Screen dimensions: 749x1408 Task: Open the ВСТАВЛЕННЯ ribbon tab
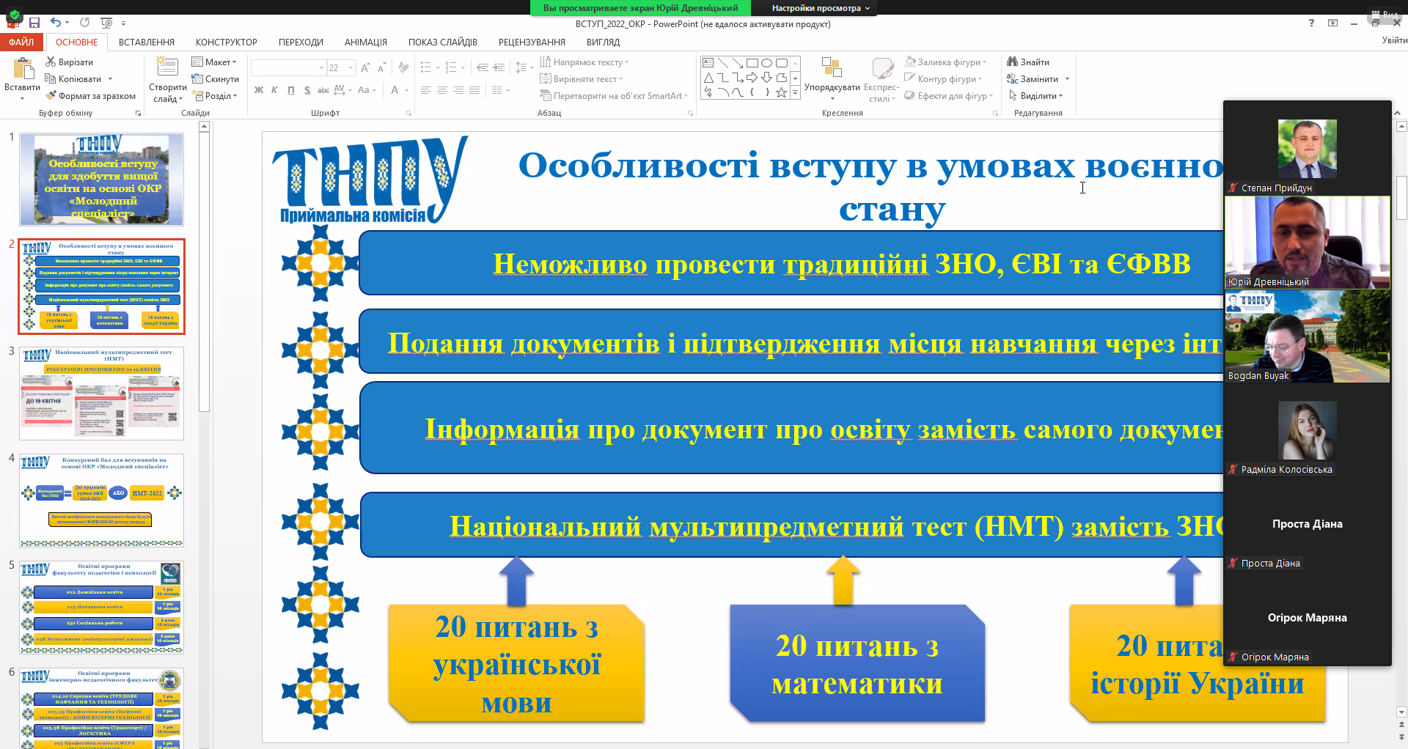pos(147,42)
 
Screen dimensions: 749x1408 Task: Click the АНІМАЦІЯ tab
pos(365,42)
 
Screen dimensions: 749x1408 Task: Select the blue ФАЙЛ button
pos(21,42)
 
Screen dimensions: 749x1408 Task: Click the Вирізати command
pos(70,62)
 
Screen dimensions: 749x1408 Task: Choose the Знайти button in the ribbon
pos(1028,62)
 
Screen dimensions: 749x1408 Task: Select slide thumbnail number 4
pos(101,501)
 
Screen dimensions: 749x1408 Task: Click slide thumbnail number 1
pos(101,180)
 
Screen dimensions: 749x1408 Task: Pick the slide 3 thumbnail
pos(101,394)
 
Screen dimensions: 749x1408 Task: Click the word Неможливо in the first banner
pos(570,264)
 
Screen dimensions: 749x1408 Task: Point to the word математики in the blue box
pos(857,684)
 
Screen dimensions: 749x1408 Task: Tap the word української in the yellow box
pos(516,665)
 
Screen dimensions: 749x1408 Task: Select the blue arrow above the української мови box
pos(517,580)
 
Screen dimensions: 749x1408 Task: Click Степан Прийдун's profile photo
pos(1307,149)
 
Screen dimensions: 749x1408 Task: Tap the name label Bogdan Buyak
pos(1258,376)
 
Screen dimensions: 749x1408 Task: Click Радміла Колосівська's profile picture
pos(1307,431)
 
